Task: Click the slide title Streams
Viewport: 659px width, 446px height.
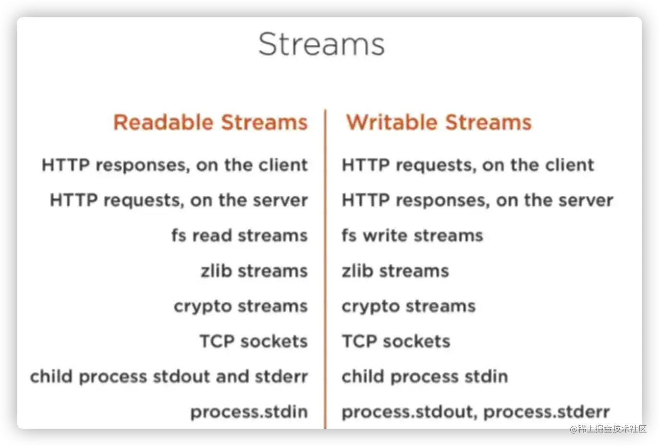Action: click(x=321, y=44)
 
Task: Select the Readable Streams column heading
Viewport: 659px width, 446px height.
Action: click(x=211, y=122)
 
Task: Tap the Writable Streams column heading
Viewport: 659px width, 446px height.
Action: click(x=439, y=122)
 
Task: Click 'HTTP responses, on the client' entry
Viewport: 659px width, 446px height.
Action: click(x=175, y=165)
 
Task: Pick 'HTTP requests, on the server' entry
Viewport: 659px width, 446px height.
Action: click(x=179, y=200)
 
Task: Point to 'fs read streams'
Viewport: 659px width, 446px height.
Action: click(x=240, y=235)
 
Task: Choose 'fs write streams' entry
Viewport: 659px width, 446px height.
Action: click(x=413, y=235)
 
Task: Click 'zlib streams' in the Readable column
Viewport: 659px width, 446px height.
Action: click(x=254, y=271)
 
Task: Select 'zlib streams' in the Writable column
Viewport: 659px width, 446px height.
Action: click(x=395, y=271)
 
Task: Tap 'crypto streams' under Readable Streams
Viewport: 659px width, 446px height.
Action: click(x=241, y=307)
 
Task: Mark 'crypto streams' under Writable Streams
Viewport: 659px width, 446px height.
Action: click(x=409, y=307)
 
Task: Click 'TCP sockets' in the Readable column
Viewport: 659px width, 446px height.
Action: click(x=254, y=341)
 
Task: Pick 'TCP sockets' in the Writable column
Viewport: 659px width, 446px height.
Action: click(x=396, y=341)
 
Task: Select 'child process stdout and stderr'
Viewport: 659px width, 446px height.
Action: click(x=169, y=377)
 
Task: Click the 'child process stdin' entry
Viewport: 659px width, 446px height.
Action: click(x=425, y=377)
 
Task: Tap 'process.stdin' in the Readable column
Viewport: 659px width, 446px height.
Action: click(x=249, y=412)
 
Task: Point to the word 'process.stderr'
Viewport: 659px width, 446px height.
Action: click(x=547, y=412)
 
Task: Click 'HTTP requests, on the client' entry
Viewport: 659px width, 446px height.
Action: click(x=468, y=165)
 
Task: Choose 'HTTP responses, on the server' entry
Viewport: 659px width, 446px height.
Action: click(x=477, y=200)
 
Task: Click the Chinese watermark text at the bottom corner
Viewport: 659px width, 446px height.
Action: click(x=608, y=429)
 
